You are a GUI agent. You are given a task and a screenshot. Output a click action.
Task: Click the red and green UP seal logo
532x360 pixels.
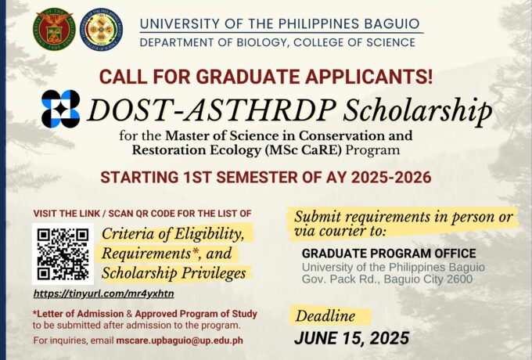tap(54, 29)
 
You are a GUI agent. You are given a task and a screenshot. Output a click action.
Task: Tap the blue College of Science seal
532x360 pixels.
tap(101, 29)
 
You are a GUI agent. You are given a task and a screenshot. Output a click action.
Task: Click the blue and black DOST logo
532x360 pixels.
tap(61, 109)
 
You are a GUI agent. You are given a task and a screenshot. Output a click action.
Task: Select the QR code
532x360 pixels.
tap(63, 254)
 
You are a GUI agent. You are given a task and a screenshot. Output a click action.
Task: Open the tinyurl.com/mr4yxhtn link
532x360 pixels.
tap(104, 293)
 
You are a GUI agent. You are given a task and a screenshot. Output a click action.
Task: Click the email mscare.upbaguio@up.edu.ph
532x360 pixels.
tap(179, 340)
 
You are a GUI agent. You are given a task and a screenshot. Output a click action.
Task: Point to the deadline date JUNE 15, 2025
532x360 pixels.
tap(351, 338)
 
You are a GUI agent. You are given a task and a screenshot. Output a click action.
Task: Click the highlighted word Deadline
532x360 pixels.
tap(325, 316)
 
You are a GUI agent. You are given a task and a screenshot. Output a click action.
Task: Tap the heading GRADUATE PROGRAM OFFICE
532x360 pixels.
tap(389, 254)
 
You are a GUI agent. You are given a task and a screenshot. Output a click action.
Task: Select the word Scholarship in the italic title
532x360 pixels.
tap(417, 110)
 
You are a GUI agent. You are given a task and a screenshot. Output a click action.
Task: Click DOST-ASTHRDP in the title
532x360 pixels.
tap(211, 110)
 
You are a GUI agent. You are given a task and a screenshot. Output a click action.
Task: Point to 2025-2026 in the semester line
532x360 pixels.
tap(391, 178)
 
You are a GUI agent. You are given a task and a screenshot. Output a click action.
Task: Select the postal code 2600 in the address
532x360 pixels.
tap(459, 279)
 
